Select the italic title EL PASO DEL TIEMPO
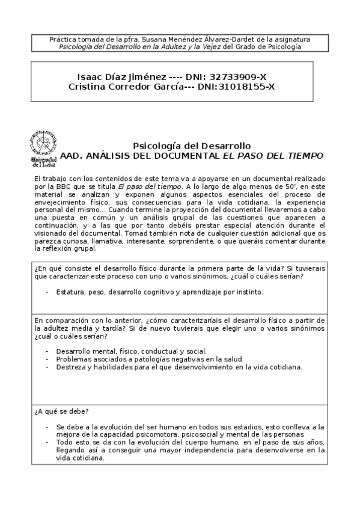pos(272,155)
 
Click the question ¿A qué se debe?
pos(62,411)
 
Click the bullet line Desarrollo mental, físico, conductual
pos(131,351)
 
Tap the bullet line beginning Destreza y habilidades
pos(178,366)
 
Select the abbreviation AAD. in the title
pos(72,155)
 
